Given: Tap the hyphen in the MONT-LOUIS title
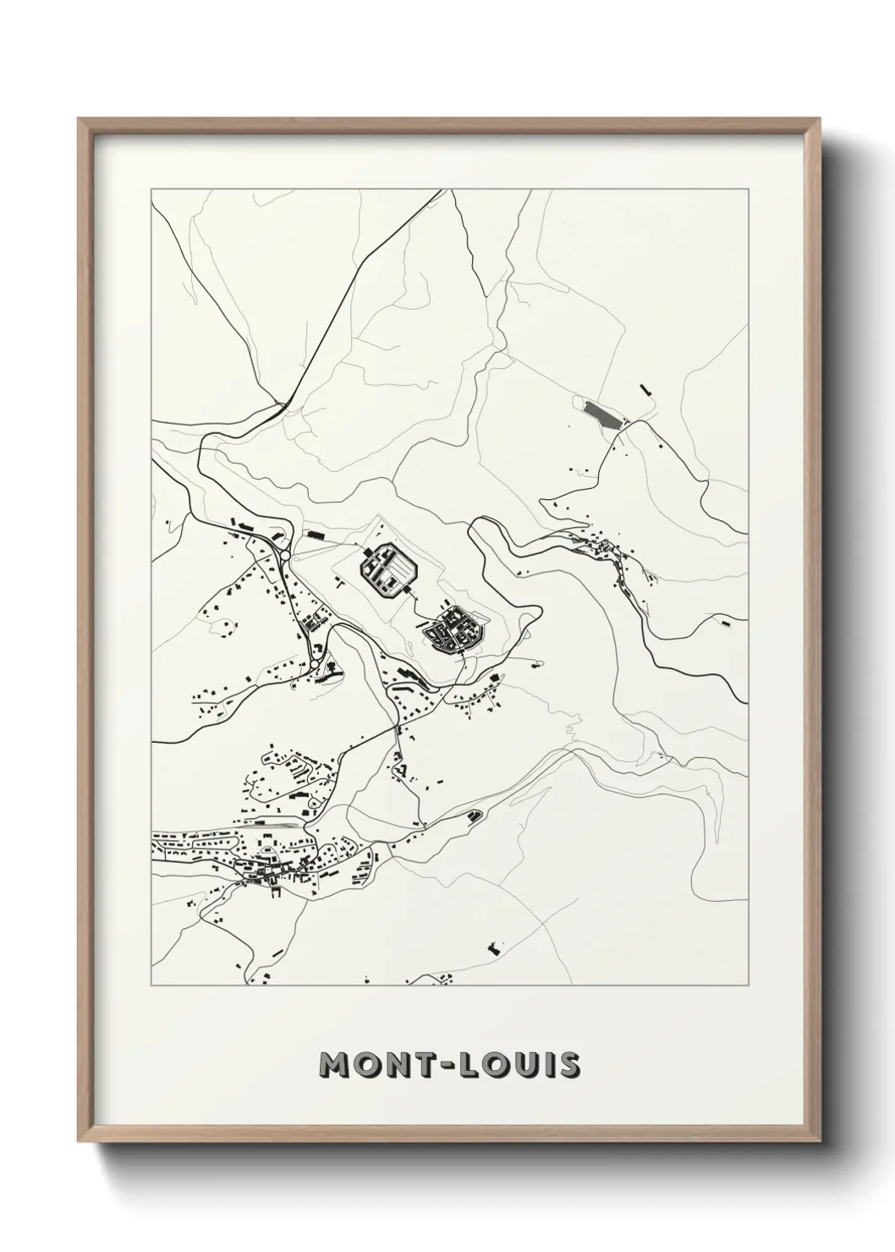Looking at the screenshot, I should [449, 1067].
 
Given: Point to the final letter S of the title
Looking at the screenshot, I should [569, 1066].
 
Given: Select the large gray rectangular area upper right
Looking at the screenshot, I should [602, 414].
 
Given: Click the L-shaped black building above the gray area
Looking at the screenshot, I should [647, 388].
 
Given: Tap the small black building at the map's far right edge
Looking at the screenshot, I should [725, 622].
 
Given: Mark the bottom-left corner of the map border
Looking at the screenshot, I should [151, 986].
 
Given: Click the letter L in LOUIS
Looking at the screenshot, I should [475, 1066].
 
